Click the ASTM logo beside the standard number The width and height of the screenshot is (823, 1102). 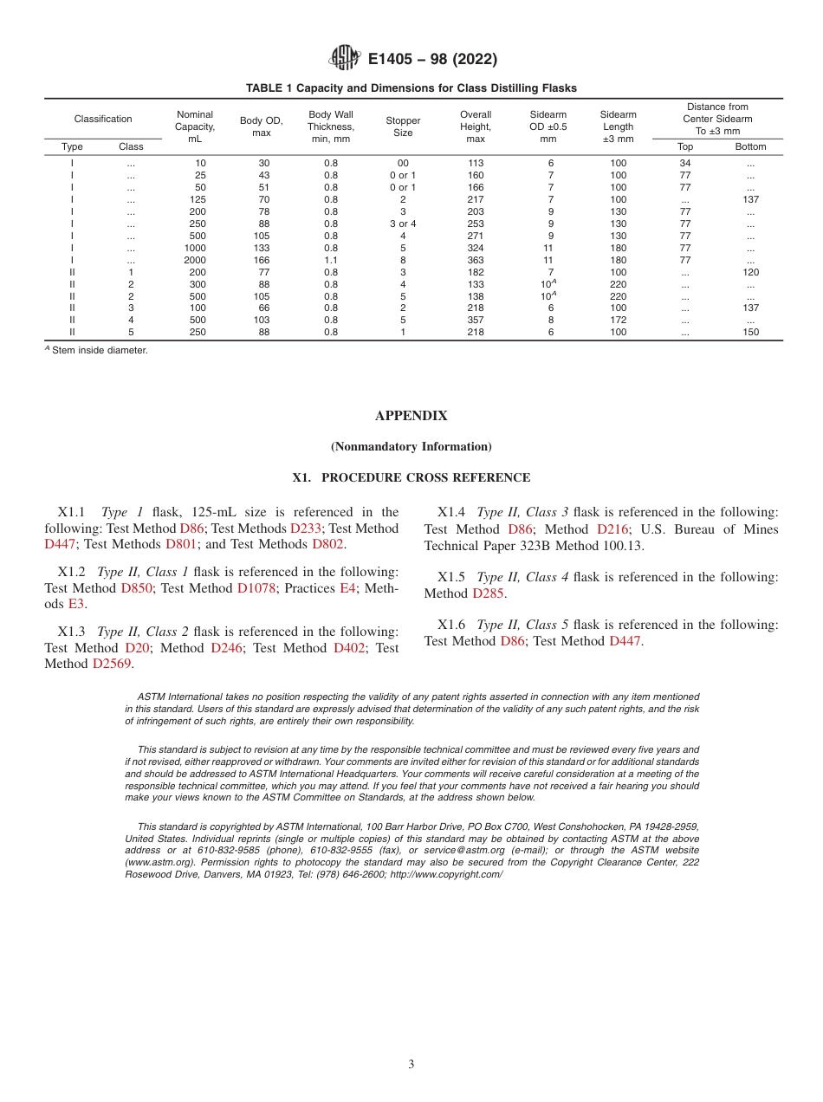pyautogui.click(x=345, y=59)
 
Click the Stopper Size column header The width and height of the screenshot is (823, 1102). pyautogui.click(x=403, y=126)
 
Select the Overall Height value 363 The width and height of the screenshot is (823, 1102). pyautogui.click(x=476, y=260)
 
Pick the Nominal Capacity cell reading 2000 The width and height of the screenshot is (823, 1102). pyautogui.click(x=195, y=260)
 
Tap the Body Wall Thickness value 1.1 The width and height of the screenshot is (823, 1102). pyautogui.click(x=331, y=260)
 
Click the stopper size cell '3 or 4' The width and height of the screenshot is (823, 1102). pyautogui.click(x=403, y=224)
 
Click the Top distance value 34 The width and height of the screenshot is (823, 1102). pyautogui.click(x=684, y=163)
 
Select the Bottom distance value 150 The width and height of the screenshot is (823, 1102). pyautogui.click(x=750, y=332)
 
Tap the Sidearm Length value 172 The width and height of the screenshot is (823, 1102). pyautogui.click(x=618, y=320)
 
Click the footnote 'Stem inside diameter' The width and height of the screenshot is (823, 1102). pyautogui.click(x=99, y=351)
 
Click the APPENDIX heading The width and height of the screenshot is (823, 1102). pyautogui.click(x=411, y=416)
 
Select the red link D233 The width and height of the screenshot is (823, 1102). pyautogui.click(x=305, y=528)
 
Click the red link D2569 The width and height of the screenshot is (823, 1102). pyautogui.click(x=113, y=664)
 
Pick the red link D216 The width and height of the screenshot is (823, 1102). pyautogui.click(x=612, y=529)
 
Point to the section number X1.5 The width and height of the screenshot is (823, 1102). pyautogui.click(x=453, y=577)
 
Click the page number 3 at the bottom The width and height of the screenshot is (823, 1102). pyautogui.click(x=411, y=1065)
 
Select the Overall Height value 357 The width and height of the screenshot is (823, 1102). pyautogui.click(x=476, y=320)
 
